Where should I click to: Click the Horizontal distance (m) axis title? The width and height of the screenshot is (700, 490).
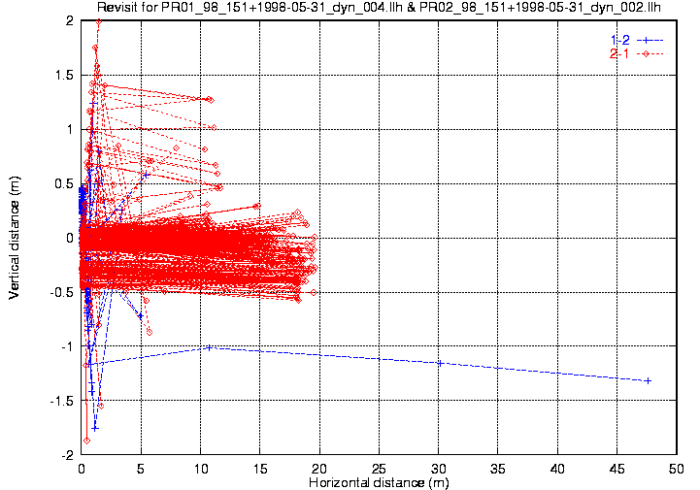379,482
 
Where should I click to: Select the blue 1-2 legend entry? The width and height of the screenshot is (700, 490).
635,40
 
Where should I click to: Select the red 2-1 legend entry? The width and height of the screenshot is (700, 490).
635,53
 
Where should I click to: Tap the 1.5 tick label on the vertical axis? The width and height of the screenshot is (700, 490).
64,75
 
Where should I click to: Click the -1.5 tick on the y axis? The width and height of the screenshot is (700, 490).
62,401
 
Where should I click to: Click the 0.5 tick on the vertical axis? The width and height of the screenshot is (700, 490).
64,183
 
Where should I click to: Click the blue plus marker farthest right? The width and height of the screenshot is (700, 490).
648,380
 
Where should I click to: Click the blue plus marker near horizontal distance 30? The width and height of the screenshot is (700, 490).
440,363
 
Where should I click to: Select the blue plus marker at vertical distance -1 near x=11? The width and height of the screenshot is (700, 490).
210,346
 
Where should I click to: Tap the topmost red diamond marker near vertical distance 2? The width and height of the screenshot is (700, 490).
98,21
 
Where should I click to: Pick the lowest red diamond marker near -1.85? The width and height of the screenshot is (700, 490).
87,441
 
